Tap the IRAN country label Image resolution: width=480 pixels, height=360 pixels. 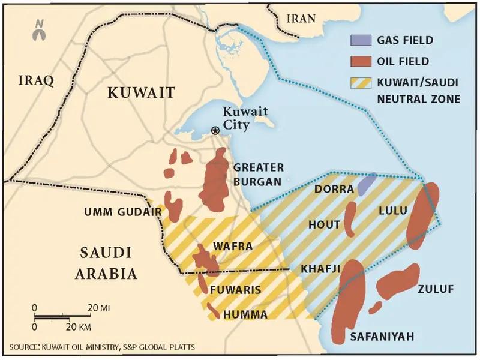click(301, 18)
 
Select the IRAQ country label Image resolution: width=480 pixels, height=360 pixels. click(37, 80)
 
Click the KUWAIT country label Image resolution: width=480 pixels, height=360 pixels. click(141, 92)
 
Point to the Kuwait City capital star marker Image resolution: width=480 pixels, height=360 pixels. click(215, 130)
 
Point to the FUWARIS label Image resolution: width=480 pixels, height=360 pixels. click(235, 290)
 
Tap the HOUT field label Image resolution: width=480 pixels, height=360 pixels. click(324, 224)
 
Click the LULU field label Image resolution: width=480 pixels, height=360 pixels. click(392, 211)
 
